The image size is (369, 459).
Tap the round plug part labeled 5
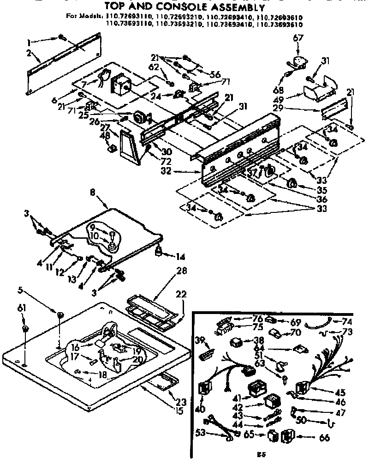(60, 315)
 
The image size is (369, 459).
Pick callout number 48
(106, 136)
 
